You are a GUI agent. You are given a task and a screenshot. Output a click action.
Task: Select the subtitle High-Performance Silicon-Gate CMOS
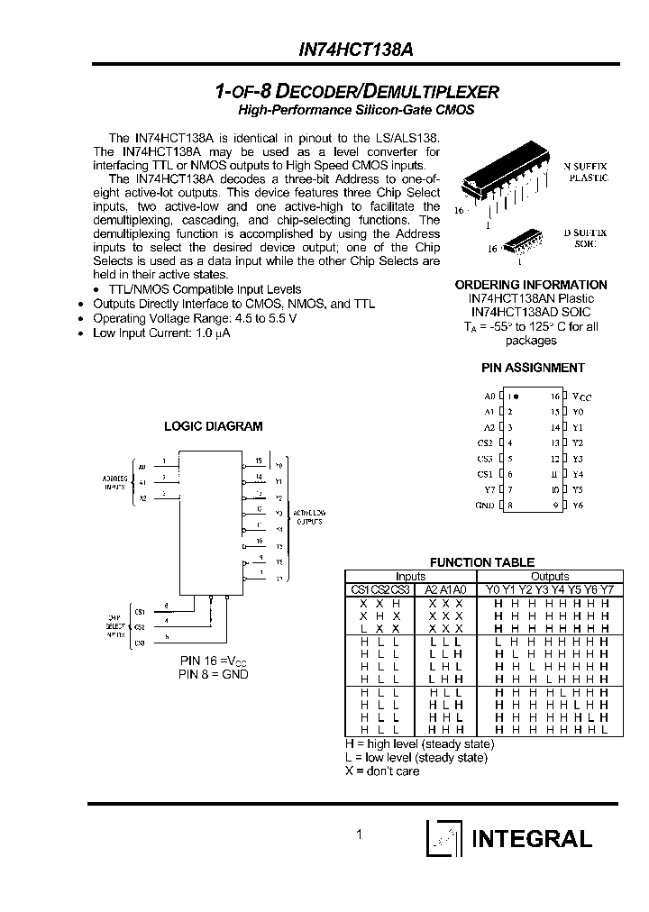(355, 110)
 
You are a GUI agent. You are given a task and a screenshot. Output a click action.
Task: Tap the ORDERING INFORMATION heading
(531, 285)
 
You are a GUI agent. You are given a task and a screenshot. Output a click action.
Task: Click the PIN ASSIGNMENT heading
(532, 368)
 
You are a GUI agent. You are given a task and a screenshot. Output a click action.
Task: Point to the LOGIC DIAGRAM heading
(213, 426)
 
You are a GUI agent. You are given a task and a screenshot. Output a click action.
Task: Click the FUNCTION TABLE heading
(481, 562)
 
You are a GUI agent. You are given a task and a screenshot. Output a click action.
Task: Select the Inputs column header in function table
(411, 577)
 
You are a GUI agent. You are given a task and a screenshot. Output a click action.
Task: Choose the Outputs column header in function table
(550, 577)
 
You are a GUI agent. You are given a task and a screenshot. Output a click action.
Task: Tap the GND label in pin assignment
(485, 506)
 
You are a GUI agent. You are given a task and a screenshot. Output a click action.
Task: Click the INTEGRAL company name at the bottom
(532, 838)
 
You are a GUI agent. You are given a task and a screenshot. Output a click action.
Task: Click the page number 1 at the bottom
(359, 835)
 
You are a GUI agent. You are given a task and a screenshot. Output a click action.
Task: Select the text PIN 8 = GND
(213, 674)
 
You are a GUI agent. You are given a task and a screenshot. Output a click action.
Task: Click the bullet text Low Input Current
(162, 333)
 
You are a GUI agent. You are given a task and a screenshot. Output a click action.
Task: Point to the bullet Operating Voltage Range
(194, 318)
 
